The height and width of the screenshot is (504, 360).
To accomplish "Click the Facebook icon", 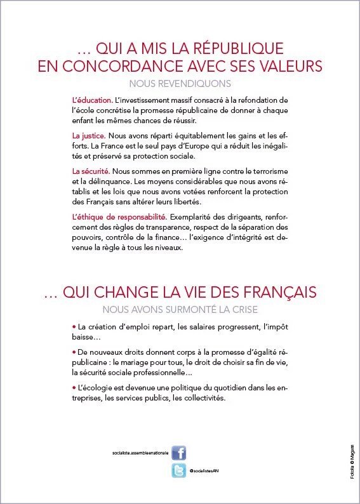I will coord(179,453).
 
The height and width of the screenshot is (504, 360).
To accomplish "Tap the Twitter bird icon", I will coord(179,471).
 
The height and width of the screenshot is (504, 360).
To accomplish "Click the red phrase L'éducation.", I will coord(93,100).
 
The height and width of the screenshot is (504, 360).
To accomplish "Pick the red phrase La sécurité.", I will coord(91,171).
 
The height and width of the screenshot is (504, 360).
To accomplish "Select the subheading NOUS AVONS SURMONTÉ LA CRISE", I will coord(180,310).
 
